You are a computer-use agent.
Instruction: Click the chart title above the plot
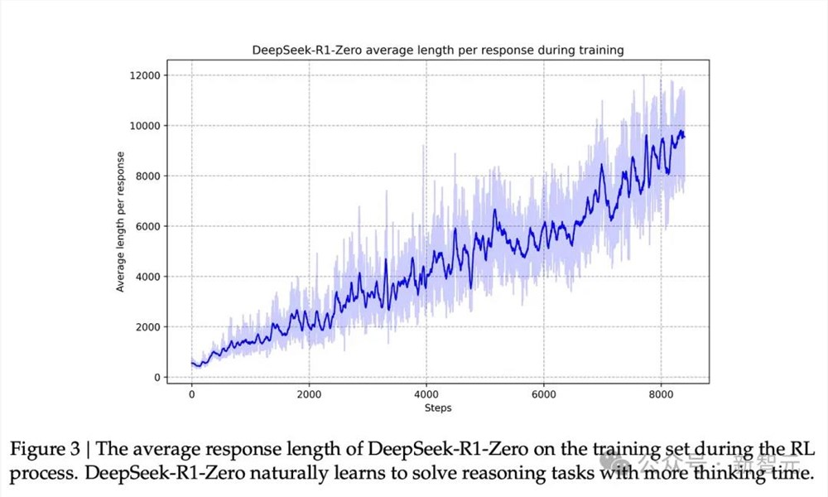tap(437, 51)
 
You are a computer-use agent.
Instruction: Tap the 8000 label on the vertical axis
tap(147, 176)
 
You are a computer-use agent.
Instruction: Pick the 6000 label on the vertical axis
tap(147, 226)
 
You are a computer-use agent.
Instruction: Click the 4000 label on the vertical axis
tap(147, 277)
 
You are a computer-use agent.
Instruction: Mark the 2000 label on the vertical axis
tap(147, 327)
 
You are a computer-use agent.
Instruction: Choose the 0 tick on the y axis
tap(156, 378)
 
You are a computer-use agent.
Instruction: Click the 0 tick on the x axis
tap(192, 395)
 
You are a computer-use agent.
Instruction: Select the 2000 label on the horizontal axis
tap(309, 395)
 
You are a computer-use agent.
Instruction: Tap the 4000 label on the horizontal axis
tap(426, 395)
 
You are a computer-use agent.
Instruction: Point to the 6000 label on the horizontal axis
tap(544, 395)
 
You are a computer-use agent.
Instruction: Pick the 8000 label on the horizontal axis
tap(662, 395)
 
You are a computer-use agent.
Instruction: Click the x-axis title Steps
tap(437, 408)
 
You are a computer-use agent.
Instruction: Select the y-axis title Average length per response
tap(121, 222)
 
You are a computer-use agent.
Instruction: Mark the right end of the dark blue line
tap(685, 137)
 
